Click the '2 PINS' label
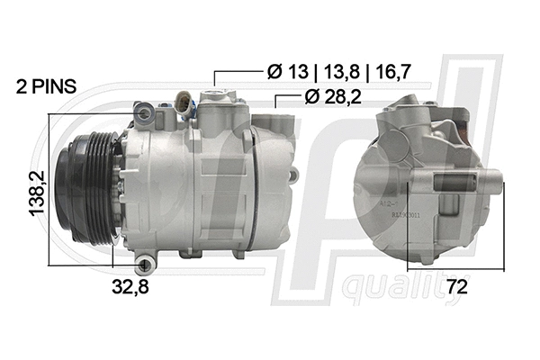[x=46, y=87]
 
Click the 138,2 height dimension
[x=37, y=193]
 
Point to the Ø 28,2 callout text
[x=332, y=97]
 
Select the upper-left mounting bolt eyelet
[x=141, y=112]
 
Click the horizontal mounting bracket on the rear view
[x=459, y=183]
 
